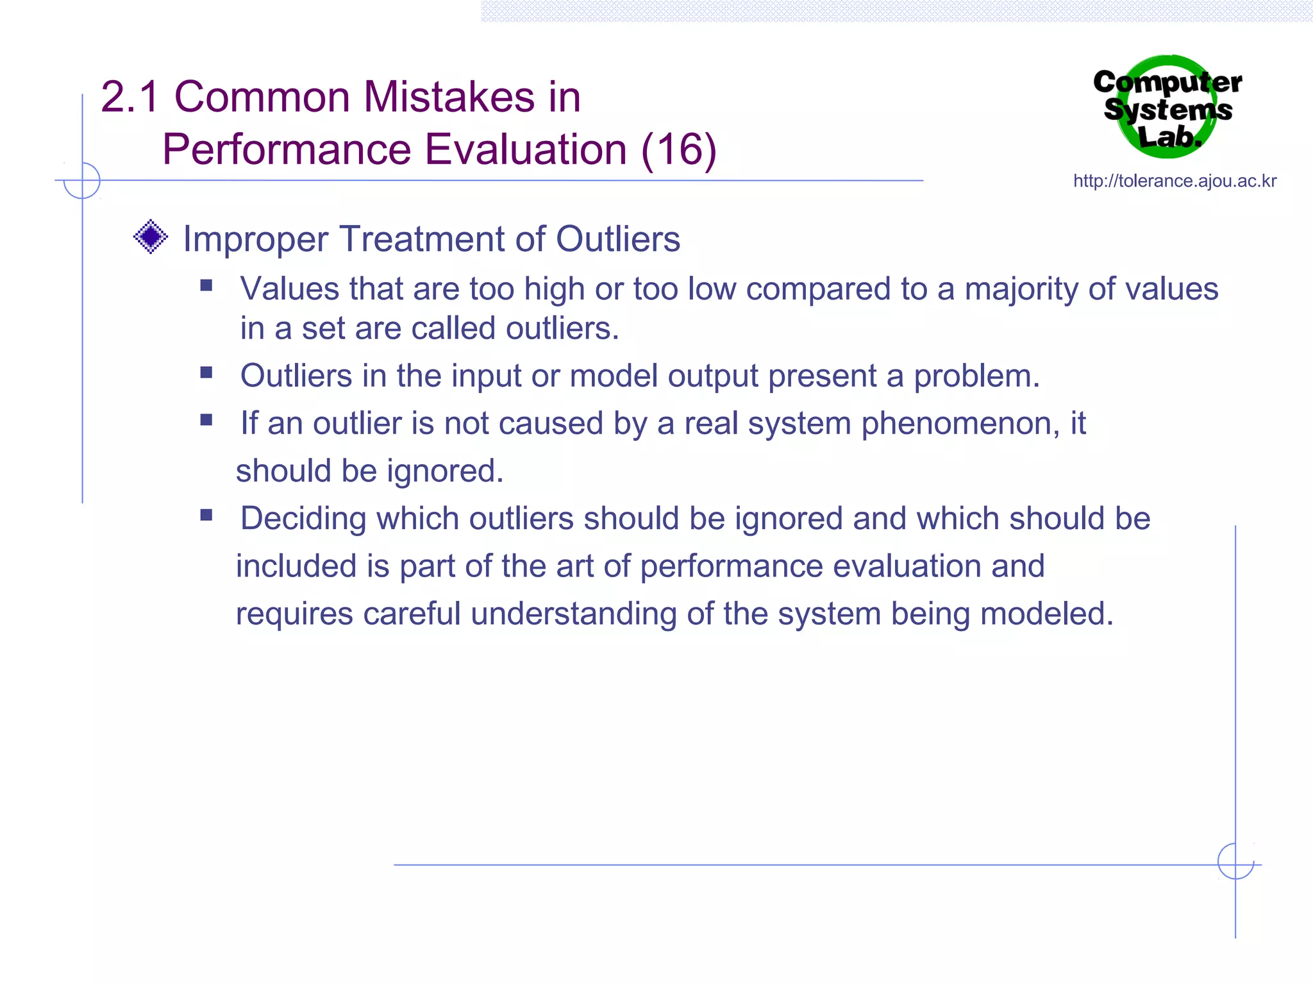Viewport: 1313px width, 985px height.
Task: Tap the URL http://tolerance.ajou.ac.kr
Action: point(1175,181)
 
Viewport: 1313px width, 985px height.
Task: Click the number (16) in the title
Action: point(679,149)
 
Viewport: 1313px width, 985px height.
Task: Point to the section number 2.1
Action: point(130,97)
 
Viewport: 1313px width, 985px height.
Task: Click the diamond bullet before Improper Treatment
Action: point(151,237)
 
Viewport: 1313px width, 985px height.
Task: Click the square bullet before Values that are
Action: point(206,285)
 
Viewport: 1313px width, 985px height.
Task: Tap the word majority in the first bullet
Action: point(1021,289)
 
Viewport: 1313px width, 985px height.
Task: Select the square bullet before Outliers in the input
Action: point(206,373)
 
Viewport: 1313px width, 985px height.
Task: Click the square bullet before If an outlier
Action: point(206,420)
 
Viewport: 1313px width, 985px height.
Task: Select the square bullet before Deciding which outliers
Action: point(206,515)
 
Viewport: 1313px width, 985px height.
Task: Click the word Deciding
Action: point(303,519)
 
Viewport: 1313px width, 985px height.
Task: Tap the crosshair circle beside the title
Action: point(82,181)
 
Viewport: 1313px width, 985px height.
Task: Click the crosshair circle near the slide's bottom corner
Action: point(1235,861)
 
